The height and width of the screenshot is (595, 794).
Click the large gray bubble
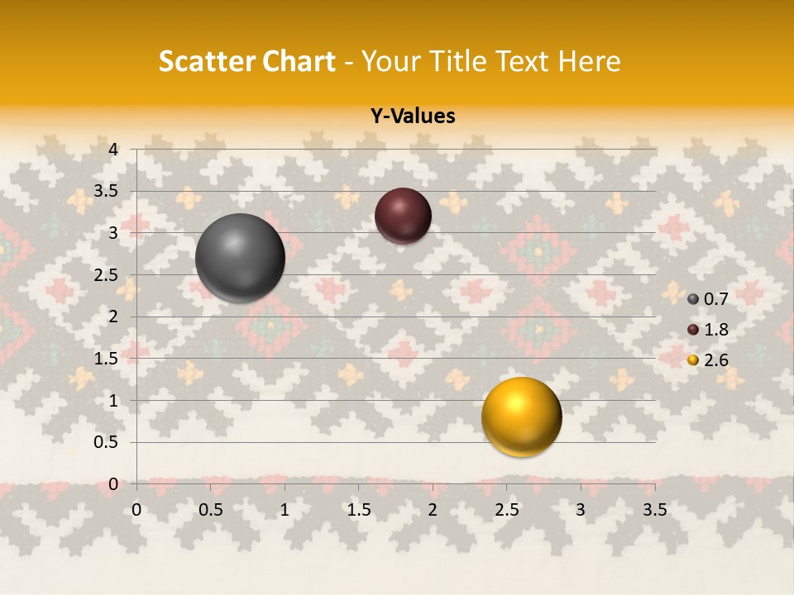(x=240, y=258)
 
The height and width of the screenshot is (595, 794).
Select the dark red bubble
(x=403, y=216)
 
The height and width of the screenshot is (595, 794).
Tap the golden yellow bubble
(x=521, y=416)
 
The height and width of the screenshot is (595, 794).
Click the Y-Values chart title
(x=413, y=117)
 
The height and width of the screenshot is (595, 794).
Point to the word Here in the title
(x=590, y=61)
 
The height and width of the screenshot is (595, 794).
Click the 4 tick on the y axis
(x=114, y=150)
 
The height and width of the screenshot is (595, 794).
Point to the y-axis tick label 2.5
(x=106, y=275)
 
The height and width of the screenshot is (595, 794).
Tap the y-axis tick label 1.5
(x=106, y=359)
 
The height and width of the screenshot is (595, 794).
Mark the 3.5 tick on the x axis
(x=654, y=510)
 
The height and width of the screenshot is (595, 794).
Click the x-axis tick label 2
(x=433, y=510)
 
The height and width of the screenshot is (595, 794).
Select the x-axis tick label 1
(x=285, y=510)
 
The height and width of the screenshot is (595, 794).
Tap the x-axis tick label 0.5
(x=211, y=510)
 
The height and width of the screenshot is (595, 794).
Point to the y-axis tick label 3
(x=114, y=233)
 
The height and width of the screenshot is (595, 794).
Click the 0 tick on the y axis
(x=114, y=484)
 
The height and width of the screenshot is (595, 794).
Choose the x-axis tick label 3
(x=581, y=510)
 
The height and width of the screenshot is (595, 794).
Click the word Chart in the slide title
(x=296, y=61)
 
